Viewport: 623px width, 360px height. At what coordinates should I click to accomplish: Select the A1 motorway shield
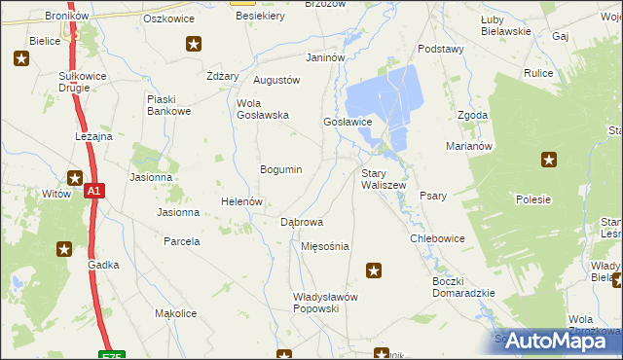point(93,192)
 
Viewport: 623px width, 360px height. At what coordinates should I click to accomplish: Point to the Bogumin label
point(280,169)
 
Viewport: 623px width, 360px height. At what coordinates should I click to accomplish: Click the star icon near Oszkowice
point(195,44)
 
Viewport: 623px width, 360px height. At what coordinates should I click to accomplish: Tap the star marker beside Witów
point(75,177)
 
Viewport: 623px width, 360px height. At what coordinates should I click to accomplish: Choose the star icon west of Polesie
point(550,160)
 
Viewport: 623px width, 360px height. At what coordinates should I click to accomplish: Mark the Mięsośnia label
point(325,246)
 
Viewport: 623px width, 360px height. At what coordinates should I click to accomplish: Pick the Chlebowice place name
point(437,238)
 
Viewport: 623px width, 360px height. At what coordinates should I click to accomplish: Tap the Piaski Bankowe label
point(167,105)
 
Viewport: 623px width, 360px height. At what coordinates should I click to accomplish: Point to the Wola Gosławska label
point(263,108)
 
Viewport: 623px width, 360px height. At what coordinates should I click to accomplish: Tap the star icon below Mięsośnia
point(373,270)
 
